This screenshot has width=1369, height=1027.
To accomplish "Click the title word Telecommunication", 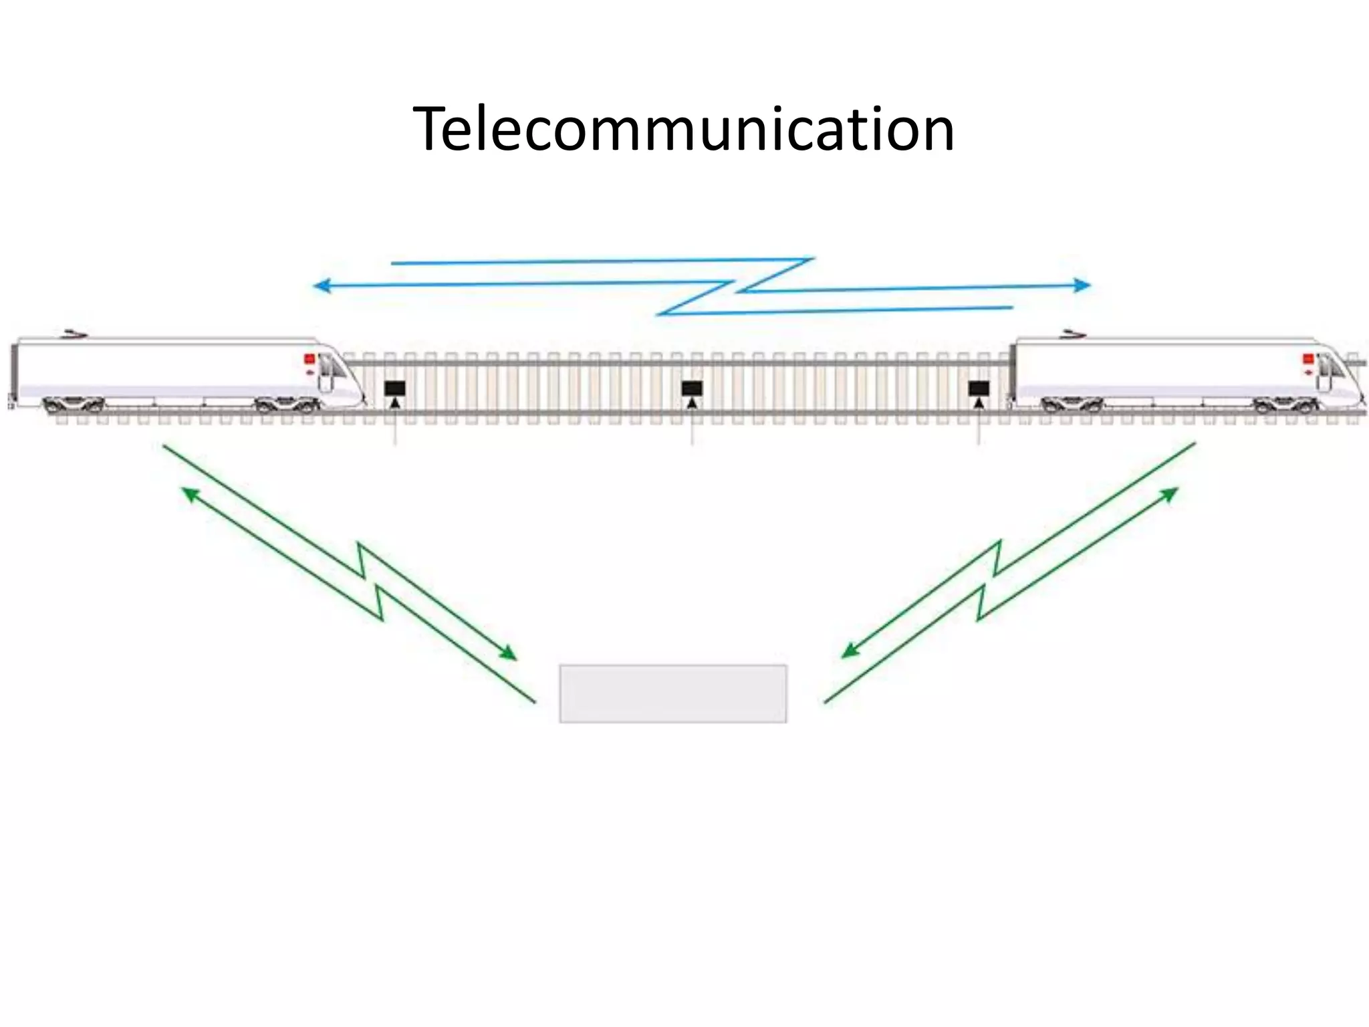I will [683, 129].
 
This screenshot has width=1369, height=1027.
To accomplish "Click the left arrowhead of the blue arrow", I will [321, 286].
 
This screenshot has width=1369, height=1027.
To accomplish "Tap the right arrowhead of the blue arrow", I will [1083, 286].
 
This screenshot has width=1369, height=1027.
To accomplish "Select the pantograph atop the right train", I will [1073, 332].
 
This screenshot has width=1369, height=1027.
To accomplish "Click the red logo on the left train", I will [309, 359].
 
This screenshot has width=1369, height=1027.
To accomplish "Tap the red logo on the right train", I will [1308, 360].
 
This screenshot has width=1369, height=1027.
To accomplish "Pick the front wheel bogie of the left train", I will [287, 405].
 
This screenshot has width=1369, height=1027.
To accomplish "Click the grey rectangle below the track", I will [672, 693].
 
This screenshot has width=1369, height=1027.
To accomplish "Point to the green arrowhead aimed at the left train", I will [191, 493].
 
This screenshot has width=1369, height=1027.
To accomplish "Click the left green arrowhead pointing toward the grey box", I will [509, 653].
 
